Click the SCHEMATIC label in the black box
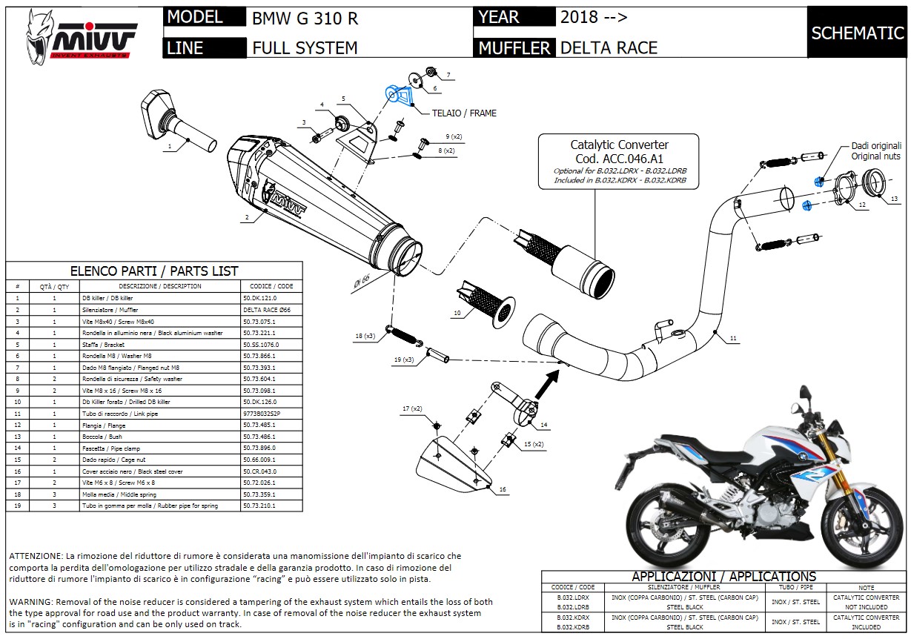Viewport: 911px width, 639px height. [858, 33]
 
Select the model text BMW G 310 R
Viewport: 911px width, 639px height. [305, 19]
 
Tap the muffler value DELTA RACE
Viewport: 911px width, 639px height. [609, 48]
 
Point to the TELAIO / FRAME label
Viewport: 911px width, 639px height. [464, 113]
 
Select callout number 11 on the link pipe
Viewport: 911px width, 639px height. [732, 339]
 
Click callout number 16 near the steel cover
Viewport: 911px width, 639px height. [502, 490]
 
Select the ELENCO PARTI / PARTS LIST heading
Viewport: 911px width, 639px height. [153, 271]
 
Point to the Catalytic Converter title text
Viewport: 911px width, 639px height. [619, 145]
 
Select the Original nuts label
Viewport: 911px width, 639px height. [875, 156]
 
